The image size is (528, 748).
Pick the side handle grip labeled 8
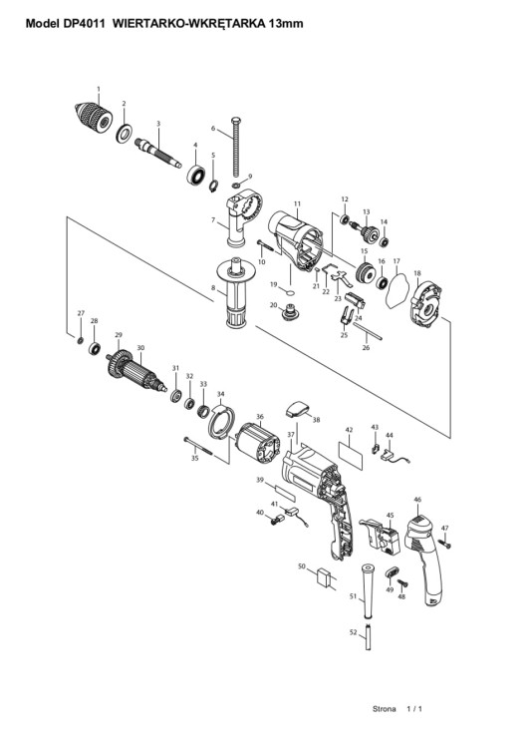[236, 297]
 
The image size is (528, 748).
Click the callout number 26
[365, 348]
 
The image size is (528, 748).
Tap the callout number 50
[301, 565]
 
